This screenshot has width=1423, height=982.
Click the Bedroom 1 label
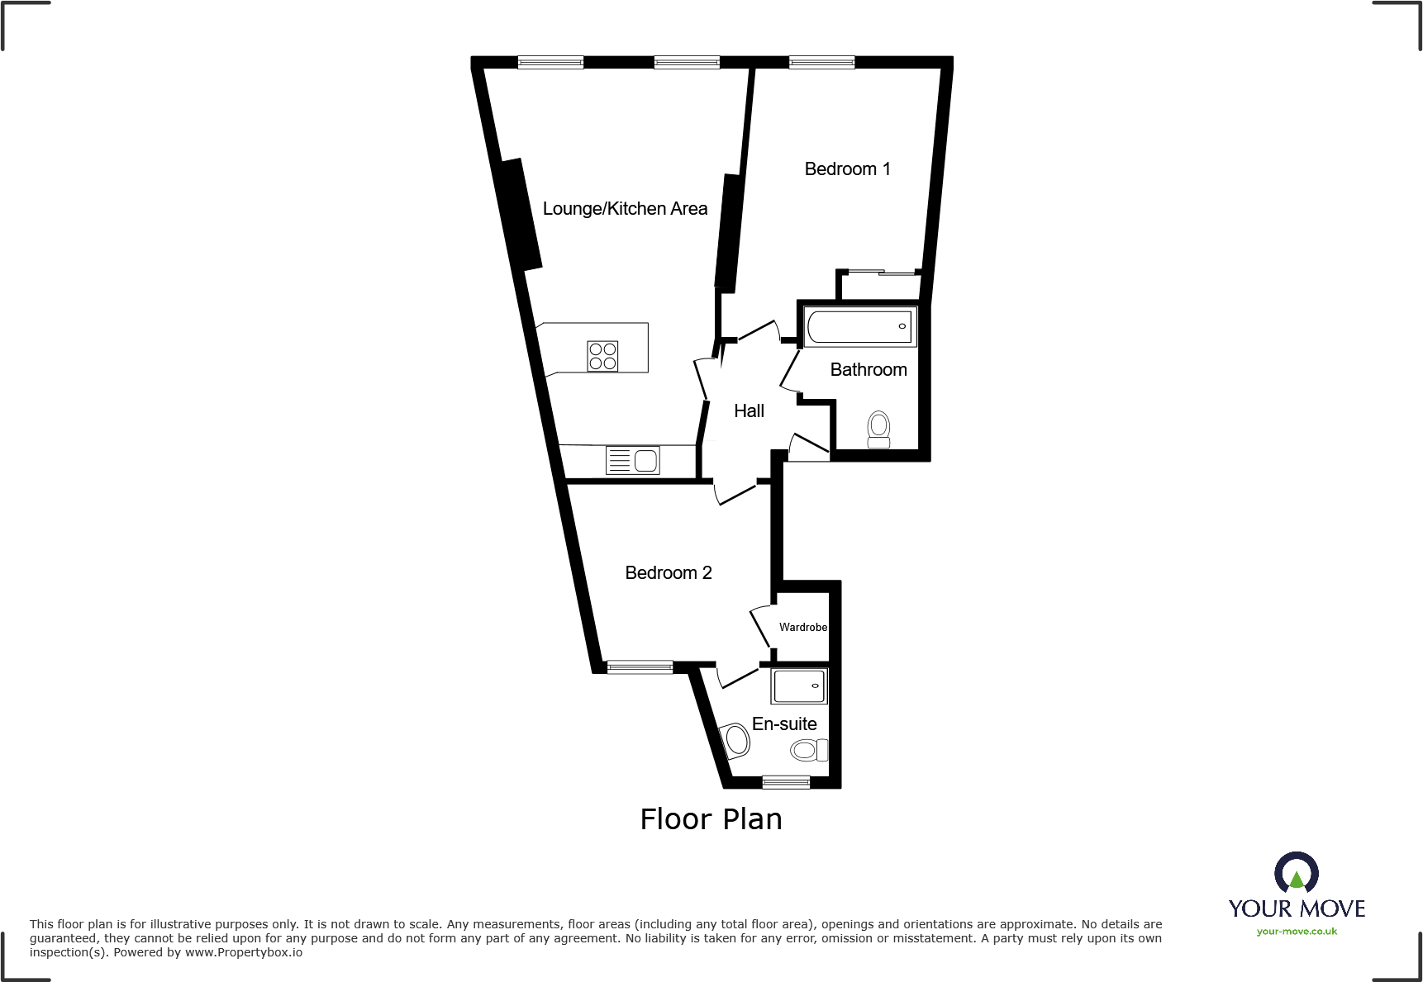[847, 169]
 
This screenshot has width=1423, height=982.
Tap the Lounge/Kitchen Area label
[625, 209]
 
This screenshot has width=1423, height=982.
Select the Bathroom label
[868, 370]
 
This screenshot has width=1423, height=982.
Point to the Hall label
[749, 411]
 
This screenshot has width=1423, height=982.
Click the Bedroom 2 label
[668, 573]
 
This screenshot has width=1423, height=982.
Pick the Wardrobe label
[802, 628]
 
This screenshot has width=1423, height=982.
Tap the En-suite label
[784, 724]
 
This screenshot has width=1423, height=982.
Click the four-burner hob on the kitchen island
[602, 356]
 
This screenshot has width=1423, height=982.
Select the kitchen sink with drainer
[633, 460]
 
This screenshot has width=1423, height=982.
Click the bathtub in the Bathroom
[859, 326]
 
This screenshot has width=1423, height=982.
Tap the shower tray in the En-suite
[799, 686]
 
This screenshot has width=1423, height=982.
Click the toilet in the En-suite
[808, 750]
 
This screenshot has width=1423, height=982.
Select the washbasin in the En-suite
[735, 741]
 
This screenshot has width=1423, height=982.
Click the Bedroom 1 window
[821, 62]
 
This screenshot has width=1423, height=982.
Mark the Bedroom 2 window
[640, 667]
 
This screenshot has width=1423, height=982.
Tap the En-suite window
[786, 781]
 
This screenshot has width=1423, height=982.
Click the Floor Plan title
[711, 819]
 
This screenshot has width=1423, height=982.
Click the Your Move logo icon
[1296, 872]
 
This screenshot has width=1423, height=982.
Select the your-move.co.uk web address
[1297, 932]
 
